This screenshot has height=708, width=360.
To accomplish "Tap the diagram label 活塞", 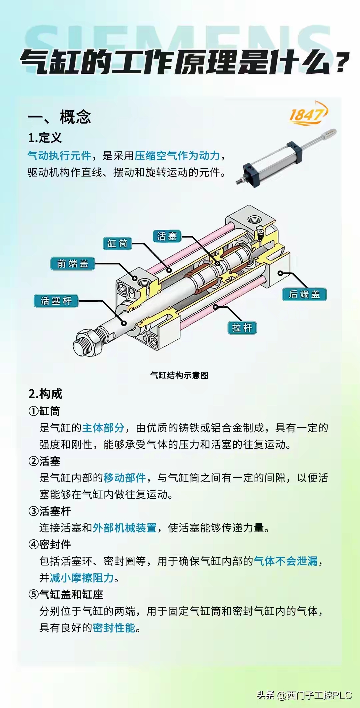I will [167, 236].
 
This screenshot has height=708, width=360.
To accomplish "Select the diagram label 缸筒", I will [117, 244].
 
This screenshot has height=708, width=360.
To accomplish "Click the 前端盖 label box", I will [73, 264].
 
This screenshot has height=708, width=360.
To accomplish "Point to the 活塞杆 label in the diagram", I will [56, 301].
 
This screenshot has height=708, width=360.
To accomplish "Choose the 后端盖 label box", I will [304, 294].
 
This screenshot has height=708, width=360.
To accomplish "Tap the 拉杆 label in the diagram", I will [242, 328].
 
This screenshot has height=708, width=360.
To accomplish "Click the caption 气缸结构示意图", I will [179, 375].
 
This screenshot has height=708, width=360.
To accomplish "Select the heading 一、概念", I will [59, 117].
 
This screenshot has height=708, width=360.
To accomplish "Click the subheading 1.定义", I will [45, 138].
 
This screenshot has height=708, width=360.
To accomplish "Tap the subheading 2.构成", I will [45, 394].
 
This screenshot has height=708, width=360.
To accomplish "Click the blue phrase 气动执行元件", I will [59, 155].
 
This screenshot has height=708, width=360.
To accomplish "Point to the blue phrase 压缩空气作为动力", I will [177, 155].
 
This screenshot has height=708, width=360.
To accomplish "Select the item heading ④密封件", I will [50, 544].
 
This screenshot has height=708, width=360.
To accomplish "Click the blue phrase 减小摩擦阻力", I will [82, 578].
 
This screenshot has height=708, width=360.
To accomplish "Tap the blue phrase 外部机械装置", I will [125, 528].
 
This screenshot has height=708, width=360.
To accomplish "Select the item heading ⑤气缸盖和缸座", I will [66, 594].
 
